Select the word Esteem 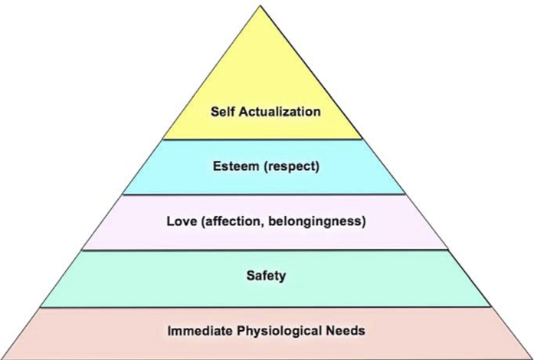234,165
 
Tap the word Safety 266,276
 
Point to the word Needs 347,332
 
